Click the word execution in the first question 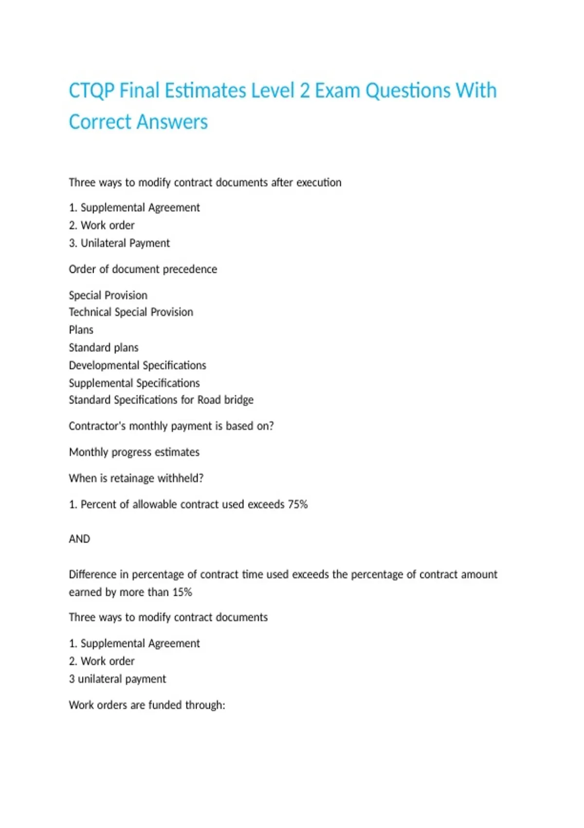(319, 183)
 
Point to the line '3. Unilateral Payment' (119, 243)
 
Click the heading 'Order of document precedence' (143, 269)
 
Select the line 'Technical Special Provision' (131, 312)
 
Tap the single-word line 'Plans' (81, 330)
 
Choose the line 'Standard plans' (103, 348)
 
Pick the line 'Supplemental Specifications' (134, 383)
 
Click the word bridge (238, 400)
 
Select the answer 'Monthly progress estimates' (134, 452)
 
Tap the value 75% (297, 505)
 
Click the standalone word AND (79, 539)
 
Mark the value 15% (182, 592)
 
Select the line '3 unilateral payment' (117, 679)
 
